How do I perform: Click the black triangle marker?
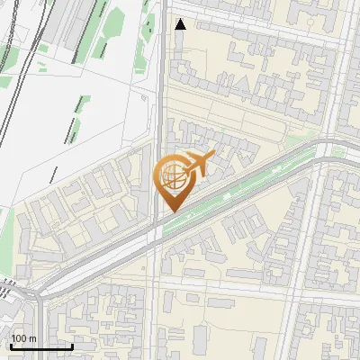(181, 24)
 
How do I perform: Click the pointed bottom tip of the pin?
(171, 211)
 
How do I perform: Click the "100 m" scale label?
(23, 338)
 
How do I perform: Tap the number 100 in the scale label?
(19, 338)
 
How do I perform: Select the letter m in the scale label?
(32, 338)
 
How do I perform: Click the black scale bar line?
(41, 346)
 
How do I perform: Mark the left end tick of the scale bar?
(11, 345)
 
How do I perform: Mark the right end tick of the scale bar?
(72, 345)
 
